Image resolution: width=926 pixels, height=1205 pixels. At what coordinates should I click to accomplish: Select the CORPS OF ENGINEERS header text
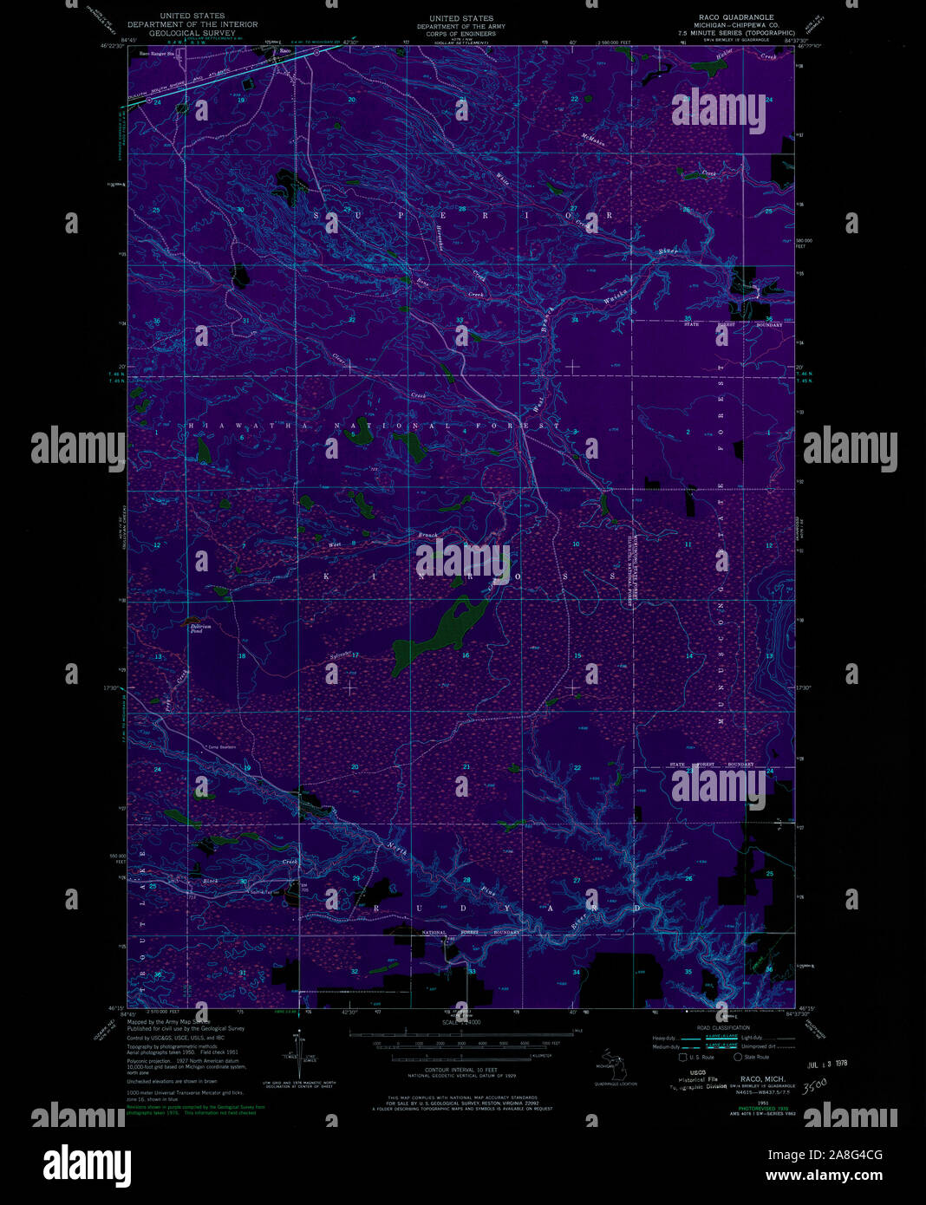pos(462,34)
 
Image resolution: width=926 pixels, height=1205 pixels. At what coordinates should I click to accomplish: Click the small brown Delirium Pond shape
pos(187,622)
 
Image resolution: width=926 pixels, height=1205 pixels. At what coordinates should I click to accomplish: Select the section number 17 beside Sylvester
pos(355,655)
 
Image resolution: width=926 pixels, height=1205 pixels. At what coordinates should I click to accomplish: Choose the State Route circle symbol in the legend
pos(738,1057)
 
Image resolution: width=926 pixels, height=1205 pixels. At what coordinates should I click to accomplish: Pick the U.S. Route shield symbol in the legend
pos(682,1057)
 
